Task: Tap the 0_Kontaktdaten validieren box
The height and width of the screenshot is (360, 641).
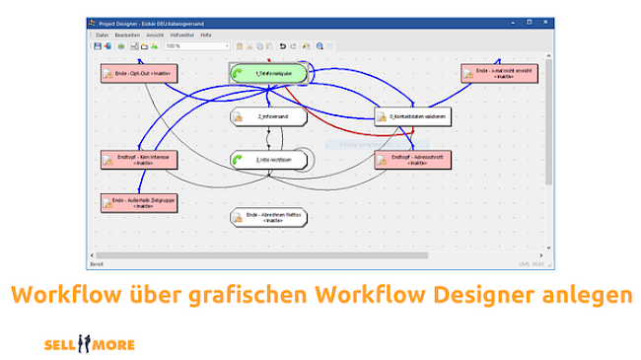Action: click(412, 117)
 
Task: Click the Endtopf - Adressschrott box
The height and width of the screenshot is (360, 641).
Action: click(412, 159)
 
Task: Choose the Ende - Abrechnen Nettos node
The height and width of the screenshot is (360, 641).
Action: click(268, 217)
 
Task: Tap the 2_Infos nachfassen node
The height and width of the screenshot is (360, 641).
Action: click(268, 159)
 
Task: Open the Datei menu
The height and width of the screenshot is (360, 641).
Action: click(103, 35)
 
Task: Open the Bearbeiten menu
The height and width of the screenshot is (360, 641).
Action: click(127, 35)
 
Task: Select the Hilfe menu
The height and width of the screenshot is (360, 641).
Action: click(206, 35)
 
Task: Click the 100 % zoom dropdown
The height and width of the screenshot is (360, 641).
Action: click(197, 45)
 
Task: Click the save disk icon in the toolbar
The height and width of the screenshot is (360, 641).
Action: click(98, 45)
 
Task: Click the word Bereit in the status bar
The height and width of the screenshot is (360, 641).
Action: click(98, 264)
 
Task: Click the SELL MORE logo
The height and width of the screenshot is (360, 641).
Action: click(90, 344)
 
